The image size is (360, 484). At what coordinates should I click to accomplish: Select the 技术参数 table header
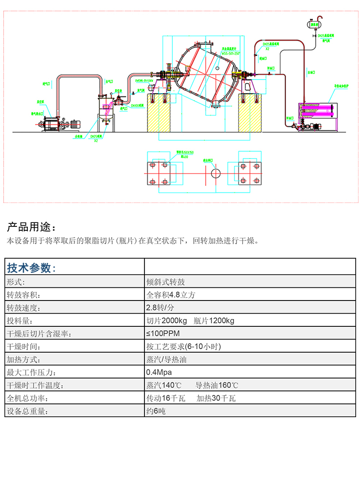(x=32, y=268)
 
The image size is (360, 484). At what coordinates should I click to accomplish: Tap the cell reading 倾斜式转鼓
(x=166, y=282)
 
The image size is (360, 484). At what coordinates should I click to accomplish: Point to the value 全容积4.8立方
(x=171, y=295)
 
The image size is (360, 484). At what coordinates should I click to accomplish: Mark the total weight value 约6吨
(x=156, y=411)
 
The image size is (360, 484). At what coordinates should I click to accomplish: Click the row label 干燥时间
(x=22, y=347)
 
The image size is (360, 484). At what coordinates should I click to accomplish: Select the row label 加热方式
(x=22, y=360)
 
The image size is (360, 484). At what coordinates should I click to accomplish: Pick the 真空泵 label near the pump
(x=41, y=102)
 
